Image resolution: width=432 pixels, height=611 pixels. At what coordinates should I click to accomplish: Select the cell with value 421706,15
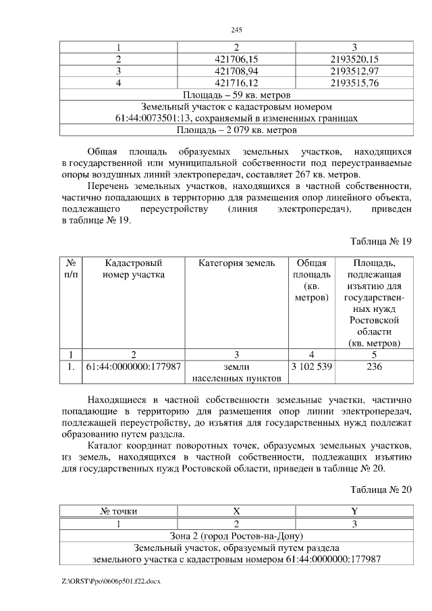pos(236,59)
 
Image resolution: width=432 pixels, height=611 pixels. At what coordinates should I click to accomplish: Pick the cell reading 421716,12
pos(236,82)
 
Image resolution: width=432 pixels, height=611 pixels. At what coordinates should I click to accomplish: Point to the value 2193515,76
pos(354,82)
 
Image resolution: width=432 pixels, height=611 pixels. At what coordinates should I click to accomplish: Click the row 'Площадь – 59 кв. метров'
pos(236,95)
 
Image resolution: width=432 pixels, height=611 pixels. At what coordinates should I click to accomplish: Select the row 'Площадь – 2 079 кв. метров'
pos(236,130)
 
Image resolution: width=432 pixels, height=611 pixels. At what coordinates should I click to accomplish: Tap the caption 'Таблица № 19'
pos(380,242)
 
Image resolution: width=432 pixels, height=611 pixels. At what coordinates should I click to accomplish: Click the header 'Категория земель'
pos(236,263)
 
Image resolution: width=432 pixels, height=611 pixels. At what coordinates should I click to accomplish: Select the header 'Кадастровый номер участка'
pos(133,269)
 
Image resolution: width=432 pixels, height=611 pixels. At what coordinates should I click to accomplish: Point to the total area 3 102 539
pos(311,367)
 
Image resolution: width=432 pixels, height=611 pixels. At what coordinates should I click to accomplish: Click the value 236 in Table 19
pos(373,367)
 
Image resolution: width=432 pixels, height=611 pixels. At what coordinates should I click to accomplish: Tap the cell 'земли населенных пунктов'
pos(236,373)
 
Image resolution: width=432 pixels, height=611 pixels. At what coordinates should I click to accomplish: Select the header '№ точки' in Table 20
pos(119,511)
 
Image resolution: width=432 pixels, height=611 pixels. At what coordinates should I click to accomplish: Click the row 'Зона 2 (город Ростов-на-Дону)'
pos(236,535)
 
